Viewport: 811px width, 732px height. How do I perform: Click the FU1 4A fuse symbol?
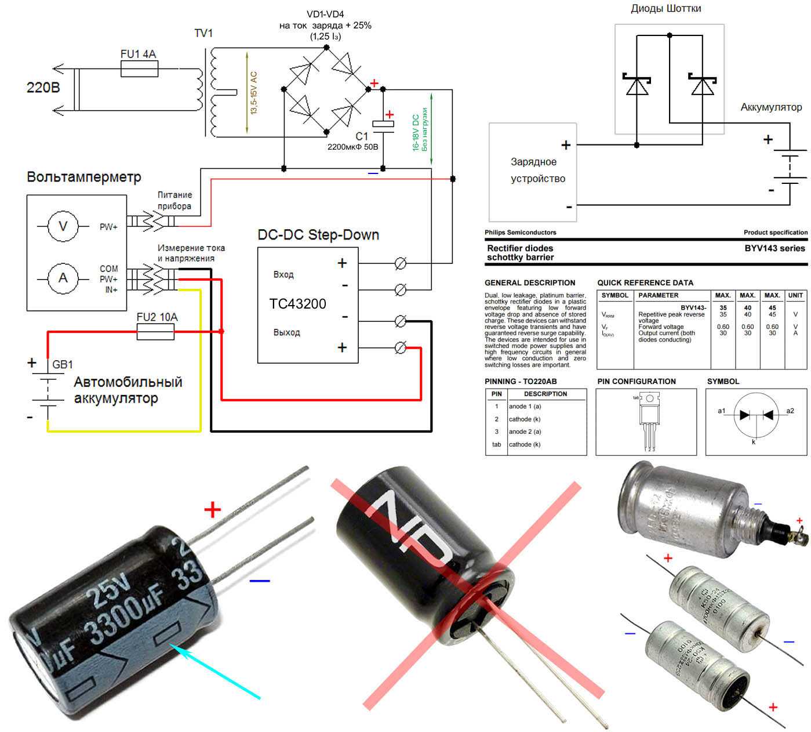(x=139, y=70)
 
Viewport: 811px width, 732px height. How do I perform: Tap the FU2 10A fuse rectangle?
(x=155, y=332)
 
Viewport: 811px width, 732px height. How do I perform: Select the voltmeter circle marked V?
(x=63, y=226)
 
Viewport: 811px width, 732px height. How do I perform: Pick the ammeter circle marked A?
(x=63, y=278)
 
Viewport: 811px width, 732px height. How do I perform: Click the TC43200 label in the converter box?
(x=298, y=304)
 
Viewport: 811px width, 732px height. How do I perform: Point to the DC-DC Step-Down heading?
(x=318, y=235)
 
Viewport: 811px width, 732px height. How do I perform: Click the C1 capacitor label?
(x=362, y=136)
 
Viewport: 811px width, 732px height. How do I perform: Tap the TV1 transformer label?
(x=203, y=34)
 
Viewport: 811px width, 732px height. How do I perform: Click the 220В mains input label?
(x=43, y=88)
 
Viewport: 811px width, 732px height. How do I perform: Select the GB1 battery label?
(x=63, y=365)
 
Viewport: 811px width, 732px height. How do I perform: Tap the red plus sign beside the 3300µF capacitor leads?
(x=213, y=510)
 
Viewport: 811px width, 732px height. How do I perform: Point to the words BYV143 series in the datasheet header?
(x=774, y=248)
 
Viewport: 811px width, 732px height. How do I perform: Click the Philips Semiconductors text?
(x=520, y=233)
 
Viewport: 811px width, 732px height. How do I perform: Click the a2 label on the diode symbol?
(x=790, y=411)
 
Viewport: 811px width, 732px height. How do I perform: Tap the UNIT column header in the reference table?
(x=795, y=295)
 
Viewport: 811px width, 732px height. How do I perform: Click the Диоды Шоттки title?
(x=665, y=9)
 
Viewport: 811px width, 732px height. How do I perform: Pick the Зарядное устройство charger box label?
(x=533, y=171)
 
